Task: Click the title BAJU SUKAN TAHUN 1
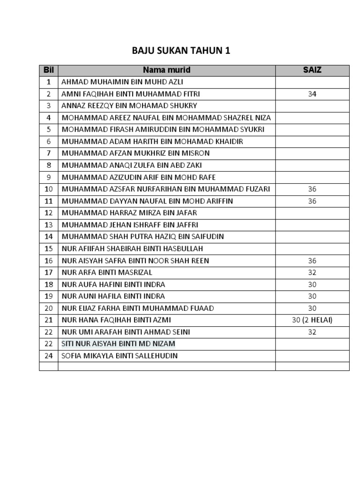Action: point(181,51)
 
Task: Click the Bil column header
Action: point(49,70)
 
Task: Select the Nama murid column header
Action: point(166,70)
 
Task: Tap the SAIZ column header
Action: point(312,70)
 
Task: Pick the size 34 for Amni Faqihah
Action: point(312,94)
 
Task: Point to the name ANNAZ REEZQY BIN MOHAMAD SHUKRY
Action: point(129,106)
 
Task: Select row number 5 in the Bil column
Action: point(49,130)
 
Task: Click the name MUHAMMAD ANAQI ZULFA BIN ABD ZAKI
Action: point(132,165)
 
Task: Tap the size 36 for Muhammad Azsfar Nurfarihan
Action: point(312,189)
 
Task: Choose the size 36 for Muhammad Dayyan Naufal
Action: point(312,201)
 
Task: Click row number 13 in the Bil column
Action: point(49,225)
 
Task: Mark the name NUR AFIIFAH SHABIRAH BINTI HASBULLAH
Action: point(132,249)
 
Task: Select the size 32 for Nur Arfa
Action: point(312,273)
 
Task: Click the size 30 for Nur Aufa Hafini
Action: point(312,285)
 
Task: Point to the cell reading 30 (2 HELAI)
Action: point(312,320)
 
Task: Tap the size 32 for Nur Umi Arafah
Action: point(312,332)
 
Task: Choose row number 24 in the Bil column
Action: point(49,356)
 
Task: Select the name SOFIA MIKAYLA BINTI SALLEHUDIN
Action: point(120,356)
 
